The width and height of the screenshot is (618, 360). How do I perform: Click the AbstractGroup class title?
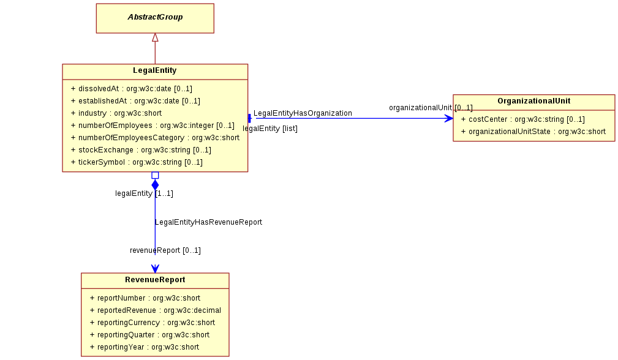coord(155,17)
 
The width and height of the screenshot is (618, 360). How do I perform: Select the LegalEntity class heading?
coord(155,70)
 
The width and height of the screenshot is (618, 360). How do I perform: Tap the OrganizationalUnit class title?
coord(533,101)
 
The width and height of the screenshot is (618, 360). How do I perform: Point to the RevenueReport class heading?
coord(155,280)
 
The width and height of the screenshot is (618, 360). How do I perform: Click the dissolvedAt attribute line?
coord(132,89)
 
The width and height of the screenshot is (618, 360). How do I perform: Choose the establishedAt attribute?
coord(135,101)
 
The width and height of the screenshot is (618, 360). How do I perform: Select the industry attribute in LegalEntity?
coord(116,113)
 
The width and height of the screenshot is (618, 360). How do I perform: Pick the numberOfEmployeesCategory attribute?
coord(156,138)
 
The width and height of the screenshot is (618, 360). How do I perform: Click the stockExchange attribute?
coord(141,149)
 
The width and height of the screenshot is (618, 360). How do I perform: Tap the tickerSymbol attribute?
coord(137,162)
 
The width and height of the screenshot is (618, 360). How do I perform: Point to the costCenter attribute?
coord(523,119)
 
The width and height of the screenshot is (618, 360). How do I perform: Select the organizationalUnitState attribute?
coord(533,131)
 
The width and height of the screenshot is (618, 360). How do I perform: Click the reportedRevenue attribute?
coord(156,310)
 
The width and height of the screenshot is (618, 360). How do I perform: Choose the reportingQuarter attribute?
coord(150,334)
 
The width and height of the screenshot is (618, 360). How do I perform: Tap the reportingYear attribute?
coord(145,347)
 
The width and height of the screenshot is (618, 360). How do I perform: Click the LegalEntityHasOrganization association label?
coord(303,113)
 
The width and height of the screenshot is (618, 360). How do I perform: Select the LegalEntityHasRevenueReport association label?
coord(208,222)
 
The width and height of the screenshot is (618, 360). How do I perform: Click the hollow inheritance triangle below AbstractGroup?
coord(156,37)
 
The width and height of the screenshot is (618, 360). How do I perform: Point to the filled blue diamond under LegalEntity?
coord(156,185)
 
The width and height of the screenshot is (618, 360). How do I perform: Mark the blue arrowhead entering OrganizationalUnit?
coord(449,118)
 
